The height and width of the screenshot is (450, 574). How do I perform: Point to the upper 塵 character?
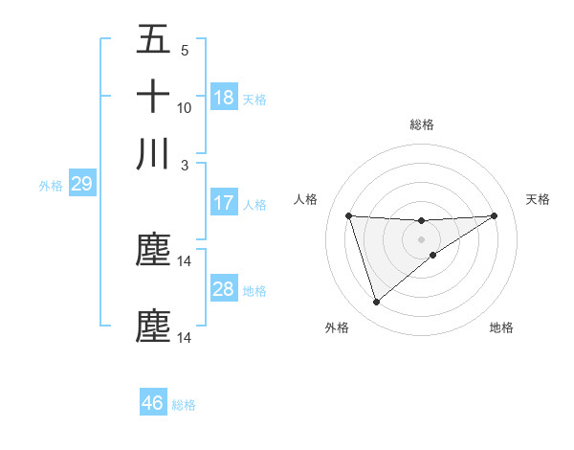pos(153,250)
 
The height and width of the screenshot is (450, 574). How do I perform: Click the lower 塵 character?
pos(153,326)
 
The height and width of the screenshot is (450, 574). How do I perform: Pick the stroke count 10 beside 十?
pos(185,108)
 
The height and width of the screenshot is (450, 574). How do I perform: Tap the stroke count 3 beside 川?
pos(185,166)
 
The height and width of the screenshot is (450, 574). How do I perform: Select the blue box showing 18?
pos(224,98)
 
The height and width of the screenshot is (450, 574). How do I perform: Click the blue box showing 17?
pos(224,203)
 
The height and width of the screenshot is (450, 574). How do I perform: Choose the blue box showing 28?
pos(224,289)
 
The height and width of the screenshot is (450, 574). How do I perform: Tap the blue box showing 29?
pos(81,184)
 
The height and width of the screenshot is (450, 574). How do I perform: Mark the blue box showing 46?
pos(153,403)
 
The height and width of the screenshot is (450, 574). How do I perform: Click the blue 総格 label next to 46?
pos(184,405)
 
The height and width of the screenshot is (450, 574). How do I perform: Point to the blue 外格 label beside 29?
pos(51,186)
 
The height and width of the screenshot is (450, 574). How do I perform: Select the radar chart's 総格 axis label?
pos(422,124)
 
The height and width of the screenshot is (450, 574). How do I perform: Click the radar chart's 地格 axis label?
pos(501,327)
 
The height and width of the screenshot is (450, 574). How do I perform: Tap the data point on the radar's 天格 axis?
pos(495,215)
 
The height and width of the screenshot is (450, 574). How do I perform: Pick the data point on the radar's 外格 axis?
pos(376,303)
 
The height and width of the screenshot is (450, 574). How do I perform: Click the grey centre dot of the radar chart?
pos(421,238)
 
